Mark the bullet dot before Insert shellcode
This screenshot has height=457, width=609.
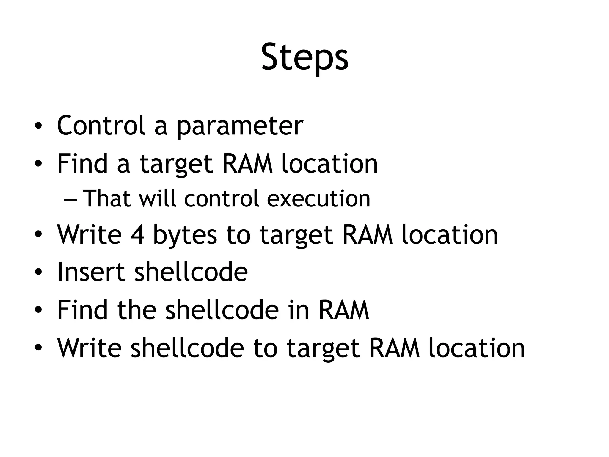pyautogui.click(x=38, y=272)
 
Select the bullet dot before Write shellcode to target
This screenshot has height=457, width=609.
pyautogui.click(x=38, y=348)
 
